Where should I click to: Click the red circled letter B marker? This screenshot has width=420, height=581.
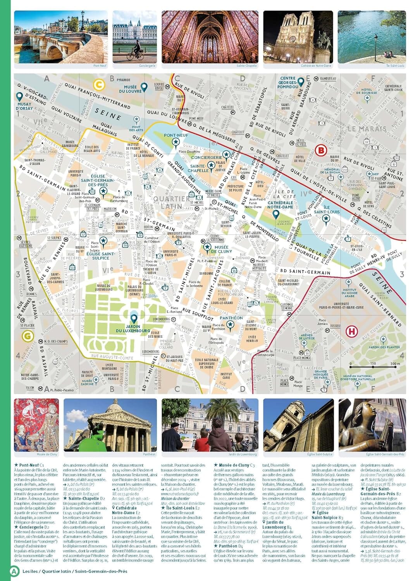tap(321, 150)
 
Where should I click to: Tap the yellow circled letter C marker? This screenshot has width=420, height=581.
tap(99, 84)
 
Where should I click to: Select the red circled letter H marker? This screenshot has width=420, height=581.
tap(352, 332)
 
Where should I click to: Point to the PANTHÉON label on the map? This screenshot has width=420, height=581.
tap(231, 318)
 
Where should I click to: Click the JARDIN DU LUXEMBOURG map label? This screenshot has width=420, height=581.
tap(133, 328)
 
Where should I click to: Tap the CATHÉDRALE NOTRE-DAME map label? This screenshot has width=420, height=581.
tap(280, 205)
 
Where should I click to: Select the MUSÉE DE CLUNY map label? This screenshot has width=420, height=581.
tap(222, 249)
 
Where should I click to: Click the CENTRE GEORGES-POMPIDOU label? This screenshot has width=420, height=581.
tap(287, 83)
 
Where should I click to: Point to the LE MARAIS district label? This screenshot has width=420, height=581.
tap(367, 129)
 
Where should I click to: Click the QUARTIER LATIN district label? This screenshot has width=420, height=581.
tap(172, 202)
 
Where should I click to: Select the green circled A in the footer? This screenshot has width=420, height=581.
tap(14, 571)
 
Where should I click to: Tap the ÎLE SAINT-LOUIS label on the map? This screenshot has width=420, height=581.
tap(327, 210)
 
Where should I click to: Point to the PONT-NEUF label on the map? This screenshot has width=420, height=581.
tap(176, 136)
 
